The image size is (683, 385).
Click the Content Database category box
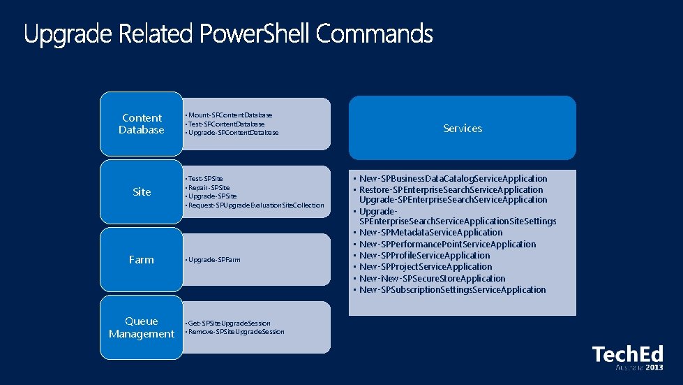coord(142,124)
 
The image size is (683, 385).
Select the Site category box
coord(142,191)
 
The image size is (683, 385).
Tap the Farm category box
coord(142,259)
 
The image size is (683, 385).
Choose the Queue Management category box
coord(142,327)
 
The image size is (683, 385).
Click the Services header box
coord(463,128)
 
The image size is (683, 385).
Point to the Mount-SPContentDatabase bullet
coord(230,115)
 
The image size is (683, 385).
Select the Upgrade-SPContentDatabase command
coord(233,133)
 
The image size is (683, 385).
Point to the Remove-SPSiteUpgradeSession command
coord(237,332)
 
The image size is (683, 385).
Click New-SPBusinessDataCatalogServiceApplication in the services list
coord(453,179)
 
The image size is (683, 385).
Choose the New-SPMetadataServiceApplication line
coord(430,233)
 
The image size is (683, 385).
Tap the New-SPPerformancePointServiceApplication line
coord(447,245)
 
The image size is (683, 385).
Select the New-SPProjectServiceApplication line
coord(426,267)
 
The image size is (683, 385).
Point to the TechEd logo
coord(627,357)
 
